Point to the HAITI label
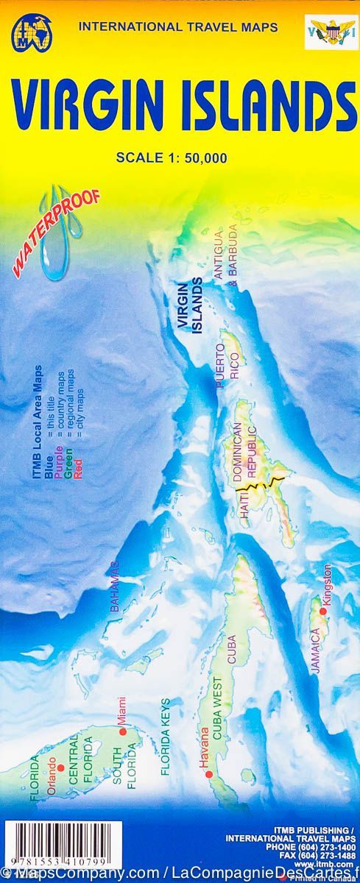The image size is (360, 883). [x=244, y=508]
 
